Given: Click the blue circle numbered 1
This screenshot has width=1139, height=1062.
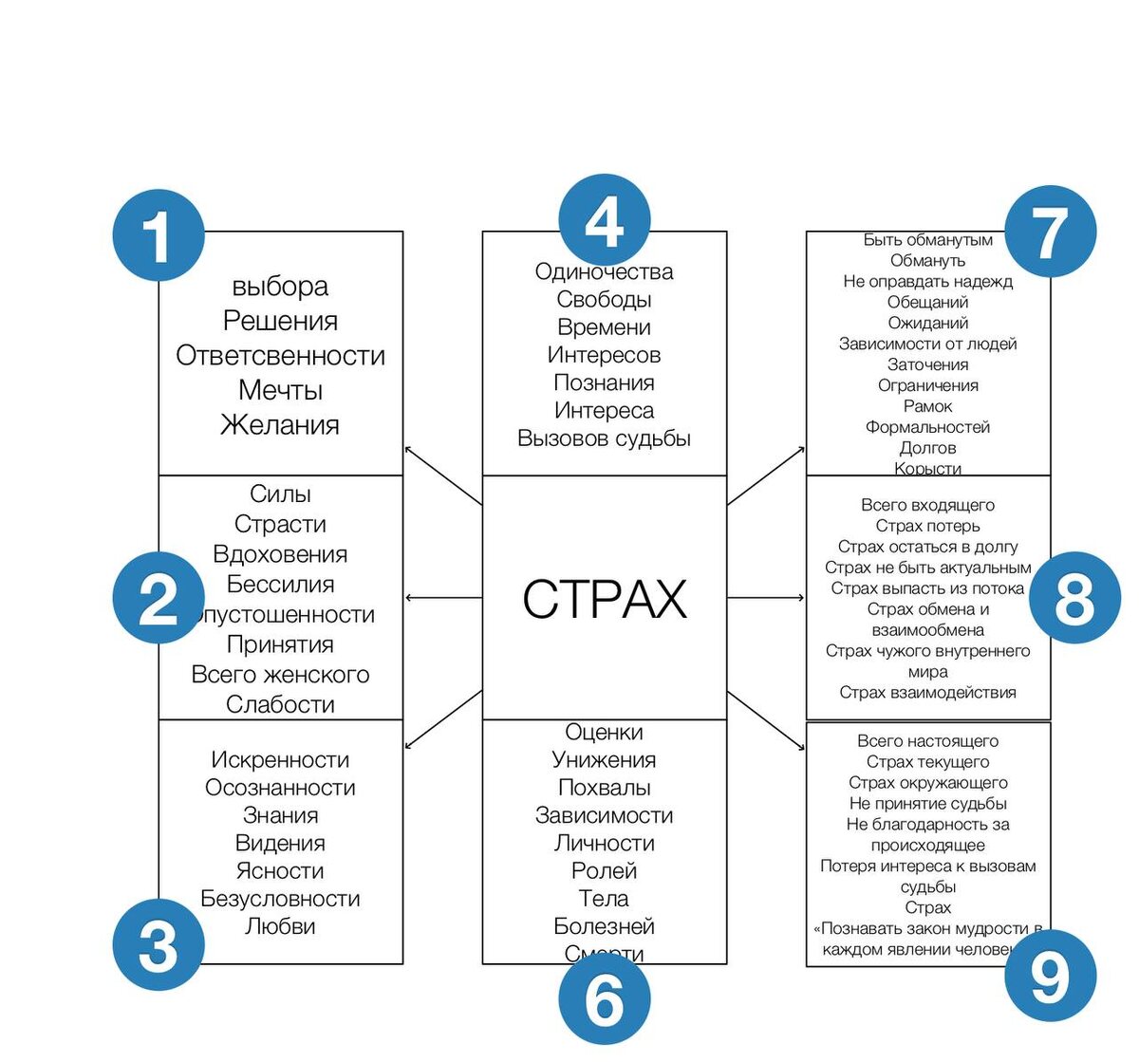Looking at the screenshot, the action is click(x=158, y=235).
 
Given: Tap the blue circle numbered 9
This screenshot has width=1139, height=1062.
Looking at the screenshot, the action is click(x=1050, y=975).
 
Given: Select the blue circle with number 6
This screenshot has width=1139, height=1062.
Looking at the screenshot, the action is click(x=604, y=999).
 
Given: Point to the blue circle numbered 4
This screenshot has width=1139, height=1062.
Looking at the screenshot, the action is click(x=604, y=220).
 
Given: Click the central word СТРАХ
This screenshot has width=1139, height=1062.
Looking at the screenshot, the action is click(x=605, y=599).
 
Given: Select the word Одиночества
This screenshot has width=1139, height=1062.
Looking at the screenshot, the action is click(x=604, y=272).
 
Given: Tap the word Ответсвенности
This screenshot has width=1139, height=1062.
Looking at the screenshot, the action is click(x=280, y=356).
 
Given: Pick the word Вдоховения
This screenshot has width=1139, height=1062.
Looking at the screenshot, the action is click(x=280, y=554).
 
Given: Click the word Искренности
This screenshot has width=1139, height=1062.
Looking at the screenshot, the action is click(x=280, y=760).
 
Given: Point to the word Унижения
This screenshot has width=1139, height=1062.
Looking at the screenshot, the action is click(x=604, y=760).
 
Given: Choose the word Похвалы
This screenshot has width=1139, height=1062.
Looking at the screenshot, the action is click(x=604, y=788).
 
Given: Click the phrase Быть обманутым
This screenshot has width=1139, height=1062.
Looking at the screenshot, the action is click(x=927, y=240).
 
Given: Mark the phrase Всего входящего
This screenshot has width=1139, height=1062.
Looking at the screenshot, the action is click(x=927, y=505).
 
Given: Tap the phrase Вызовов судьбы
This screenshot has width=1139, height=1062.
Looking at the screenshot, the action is click(x=604, y=438).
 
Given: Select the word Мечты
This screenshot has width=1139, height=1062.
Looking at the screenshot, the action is click(x=280, y=390).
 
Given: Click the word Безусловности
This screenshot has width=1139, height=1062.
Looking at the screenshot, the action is click(x=280, y=899).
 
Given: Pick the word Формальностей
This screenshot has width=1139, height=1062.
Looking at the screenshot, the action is click(x=927, y=427).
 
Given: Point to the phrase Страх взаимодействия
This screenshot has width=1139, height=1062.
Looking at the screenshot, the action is click(x=927, y=693).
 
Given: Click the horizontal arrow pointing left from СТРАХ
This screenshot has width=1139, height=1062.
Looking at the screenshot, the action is click(x=443, y=598).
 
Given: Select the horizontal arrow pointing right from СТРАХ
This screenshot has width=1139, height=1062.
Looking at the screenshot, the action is click(x=766, y=598).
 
